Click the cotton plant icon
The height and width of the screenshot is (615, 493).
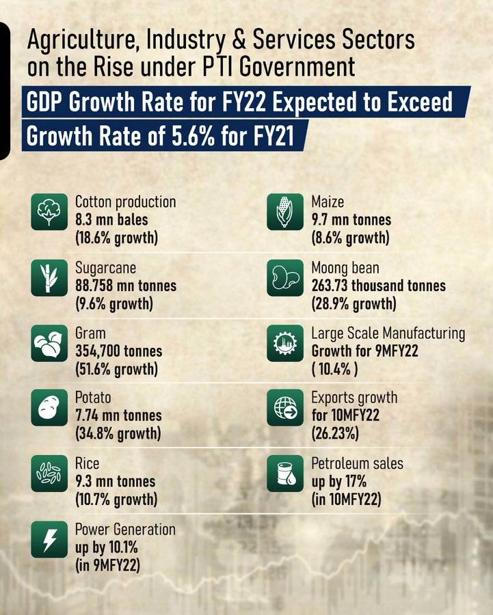tap(49, 212)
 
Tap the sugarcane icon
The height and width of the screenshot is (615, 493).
tap(49, 277)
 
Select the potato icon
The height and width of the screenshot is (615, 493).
tap(49, 407)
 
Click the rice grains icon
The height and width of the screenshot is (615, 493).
tap(49, 474)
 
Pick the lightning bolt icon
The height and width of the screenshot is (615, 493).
tap(49, 539)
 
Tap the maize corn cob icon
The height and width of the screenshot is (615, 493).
tap(285, 212)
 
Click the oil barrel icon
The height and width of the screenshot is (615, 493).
tap(285, 474)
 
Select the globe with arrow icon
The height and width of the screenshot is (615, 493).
tap(285, 407)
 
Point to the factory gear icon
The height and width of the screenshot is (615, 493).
tap(285, 343)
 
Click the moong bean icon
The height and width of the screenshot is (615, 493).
tap(285, 277)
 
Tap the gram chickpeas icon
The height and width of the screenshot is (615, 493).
tap(49, 343)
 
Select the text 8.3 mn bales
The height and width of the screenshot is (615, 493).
tap(111, 219)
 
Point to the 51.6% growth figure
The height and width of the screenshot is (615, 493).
tap(116, 370)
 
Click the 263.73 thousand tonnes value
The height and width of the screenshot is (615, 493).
tap(378, 286)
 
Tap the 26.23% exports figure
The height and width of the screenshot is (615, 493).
tap(335, 434)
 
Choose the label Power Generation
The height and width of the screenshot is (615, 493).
tap(125, 530)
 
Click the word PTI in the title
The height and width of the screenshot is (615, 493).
tap(217, 67)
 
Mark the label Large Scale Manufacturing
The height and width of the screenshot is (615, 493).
tap(388, 333)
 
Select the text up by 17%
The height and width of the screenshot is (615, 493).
tap(338, 482)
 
